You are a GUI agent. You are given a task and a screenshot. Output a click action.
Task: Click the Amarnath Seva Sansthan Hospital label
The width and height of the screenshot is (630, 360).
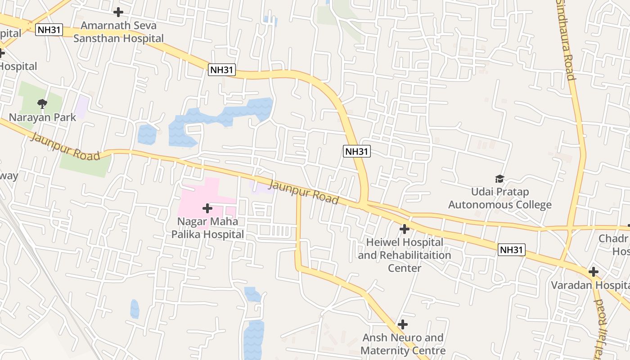tap(118, 32)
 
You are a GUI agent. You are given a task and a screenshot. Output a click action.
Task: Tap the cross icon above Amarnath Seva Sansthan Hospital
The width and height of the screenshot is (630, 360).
tap(118, 12)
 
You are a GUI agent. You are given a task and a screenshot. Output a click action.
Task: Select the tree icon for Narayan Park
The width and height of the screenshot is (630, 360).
tap(42, 104)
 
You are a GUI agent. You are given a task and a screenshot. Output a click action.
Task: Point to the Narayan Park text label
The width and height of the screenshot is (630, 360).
tap(42, 117)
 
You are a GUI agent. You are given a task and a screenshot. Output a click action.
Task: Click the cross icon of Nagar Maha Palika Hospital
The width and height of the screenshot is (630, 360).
tap(207, 208)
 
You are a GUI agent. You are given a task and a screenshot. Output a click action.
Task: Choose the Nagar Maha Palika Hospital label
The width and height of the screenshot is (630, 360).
tap(207, 228)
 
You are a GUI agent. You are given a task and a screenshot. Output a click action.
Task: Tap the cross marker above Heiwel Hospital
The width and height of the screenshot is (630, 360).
tap(405, 229)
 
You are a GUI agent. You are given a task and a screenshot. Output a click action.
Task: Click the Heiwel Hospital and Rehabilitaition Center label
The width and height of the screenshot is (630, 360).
tap(405, 255)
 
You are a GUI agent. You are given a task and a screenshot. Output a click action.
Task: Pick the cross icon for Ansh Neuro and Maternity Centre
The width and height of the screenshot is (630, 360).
tap(403, 324)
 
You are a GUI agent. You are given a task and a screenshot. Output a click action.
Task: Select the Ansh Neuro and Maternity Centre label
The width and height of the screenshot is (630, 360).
tap(403, 344)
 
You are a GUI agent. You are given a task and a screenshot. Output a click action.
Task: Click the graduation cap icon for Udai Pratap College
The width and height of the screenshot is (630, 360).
tap(499, 179)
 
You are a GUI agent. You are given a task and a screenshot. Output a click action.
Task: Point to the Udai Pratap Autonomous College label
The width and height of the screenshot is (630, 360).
tap(499, 198)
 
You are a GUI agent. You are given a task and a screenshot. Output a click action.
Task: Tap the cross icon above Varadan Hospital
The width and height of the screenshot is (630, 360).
tap(594, 272)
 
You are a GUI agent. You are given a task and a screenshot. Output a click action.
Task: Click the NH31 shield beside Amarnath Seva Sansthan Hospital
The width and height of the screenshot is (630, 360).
tap(49, 30)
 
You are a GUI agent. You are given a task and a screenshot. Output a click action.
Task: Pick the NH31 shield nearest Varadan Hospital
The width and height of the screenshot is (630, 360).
tap(512, 250)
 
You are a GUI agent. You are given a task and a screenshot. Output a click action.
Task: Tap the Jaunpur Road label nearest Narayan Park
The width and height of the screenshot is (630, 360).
tap(64, 146)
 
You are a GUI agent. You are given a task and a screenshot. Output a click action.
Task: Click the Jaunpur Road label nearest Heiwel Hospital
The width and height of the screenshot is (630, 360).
tap(304, 192)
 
